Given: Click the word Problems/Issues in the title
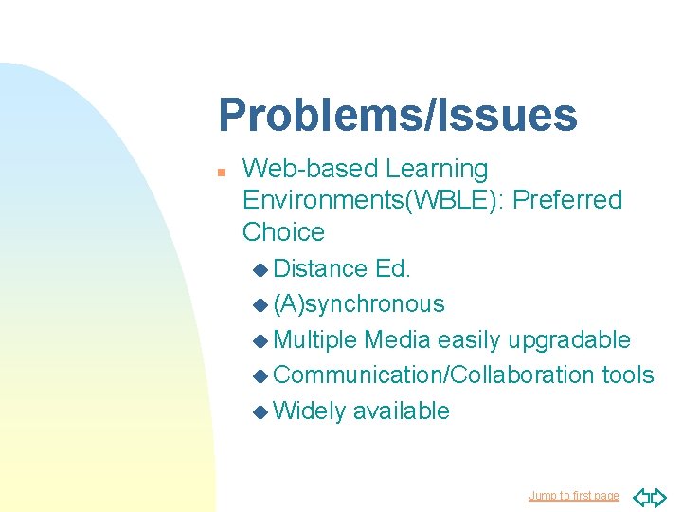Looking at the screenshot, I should pos(397,116).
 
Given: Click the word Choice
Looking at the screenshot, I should pos(283,231).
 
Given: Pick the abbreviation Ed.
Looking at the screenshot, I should pos(393,268).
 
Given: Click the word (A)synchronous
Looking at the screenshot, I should pos(358,303).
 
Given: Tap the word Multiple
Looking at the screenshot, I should pos(314,339).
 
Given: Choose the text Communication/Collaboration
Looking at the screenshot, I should pos(433,375).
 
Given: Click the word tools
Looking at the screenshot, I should pos(628,375).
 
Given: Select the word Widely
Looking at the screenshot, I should pos(309,411).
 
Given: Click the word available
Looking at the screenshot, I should pos(402,411).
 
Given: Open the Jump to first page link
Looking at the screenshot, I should pos(573,496).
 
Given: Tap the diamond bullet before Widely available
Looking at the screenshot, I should pos(261,411).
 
